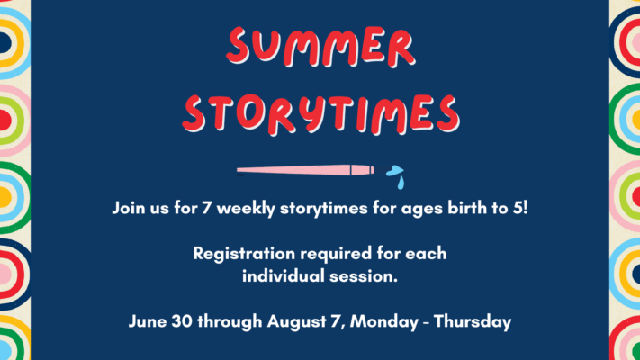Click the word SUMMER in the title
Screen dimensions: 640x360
320,47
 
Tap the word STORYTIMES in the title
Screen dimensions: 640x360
320,114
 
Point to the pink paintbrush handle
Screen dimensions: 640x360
305,170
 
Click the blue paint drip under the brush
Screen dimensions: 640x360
401,183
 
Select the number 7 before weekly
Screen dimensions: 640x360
206,208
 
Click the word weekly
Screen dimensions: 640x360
246,209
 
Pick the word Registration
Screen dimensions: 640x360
244,254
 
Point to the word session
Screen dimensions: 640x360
364,276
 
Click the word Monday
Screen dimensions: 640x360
384,321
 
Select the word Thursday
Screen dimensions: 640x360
473,321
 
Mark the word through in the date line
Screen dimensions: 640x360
230,321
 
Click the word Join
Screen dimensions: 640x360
128,208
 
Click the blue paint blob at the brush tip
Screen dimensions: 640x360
394,171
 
